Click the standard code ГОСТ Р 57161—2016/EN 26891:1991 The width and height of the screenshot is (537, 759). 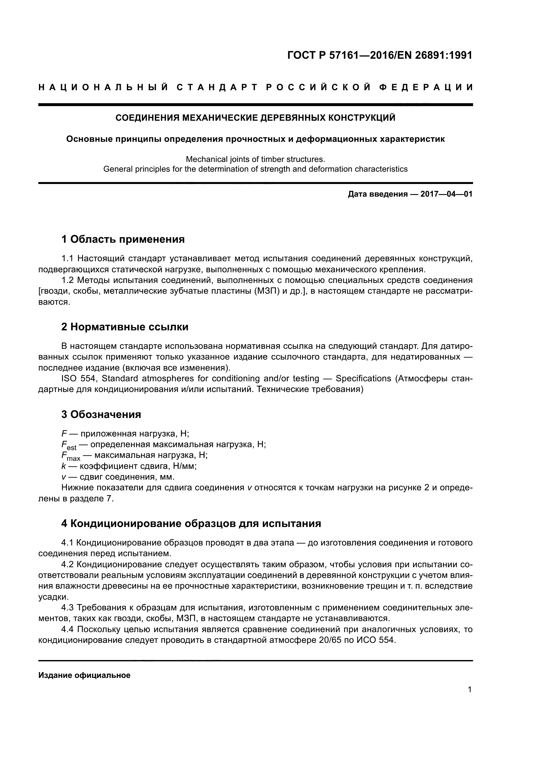click(x=380, y=55)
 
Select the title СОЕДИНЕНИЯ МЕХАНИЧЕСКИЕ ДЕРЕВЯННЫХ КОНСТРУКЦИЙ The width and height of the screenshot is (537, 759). click(x=255, y=118)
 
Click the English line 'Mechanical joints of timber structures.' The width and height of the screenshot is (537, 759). click(x=255, y=159)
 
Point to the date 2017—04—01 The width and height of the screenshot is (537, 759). click(x=446, y=194)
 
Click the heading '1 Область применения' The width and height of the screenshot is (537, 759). click(x=123, y=239)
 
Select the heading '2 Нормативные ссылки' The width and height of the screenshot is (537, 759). click(x=125, y=327)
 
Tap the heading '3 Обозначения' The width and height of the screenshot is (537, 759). click(x=101, y=414)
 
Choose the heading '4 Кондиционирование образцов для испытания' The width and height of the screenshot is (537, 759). click(x=191, y=523)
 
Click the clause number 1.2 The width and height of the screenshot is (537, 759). click(x=68, y=280)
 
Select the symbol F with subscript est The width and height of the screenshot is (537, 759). click(x=69, y=446)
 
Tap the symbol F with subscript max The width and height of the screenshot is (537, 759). click(x=70, y=457)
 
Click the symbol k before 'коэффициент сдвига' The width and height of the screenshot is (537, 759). click(x=63, y=466)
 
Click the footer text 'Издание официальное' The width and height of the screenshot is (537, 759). click(x=84, y=675)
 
